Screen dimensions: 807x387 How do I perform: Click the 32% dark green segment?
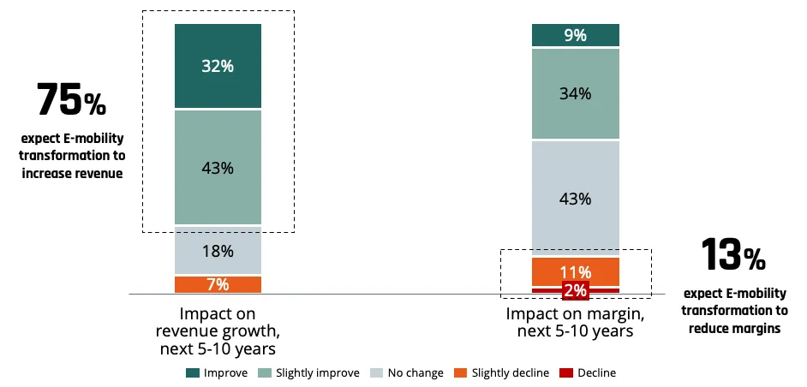218,66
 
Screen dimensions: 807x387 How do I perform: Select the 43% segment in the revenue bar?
218,167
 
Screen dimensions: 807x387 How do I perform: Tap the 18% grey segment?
218,251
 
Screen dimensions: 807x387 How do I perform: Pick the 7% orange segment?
218,284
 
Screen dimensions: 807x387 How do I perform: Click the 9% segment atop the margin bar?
576,35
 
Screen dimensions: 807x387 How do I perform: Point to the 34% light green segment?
576,93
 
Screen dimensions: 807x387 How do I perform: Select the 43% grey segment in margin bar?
576,198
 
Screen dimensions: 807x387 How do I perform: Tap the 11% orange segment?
576,271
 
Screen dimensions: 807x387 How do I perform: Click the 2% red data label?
575,291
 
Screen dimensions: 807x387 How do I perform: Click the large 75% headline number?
71,100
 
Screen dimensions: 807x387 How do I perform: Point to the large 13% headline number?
732,254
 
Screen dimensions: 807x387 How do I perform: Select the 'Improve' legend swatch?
192,373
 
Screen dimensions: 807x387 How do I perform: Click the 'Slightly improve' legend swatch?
264,373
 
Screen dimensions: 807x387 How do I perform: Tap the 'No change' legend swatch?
376,373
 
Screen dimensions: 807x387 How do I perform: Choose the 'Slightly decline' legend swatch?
460,373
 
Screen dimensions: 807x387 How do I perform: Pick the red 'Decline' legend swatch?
566,373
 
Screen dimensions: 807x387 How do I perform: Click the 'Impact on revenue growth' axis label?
218,331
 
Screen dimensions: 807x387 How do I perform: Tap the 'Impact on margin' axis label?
575,322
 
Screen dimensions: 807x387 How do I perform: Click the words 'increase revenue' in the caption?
72,174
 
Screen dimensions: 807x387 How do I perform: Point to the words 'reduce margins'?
734,328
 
